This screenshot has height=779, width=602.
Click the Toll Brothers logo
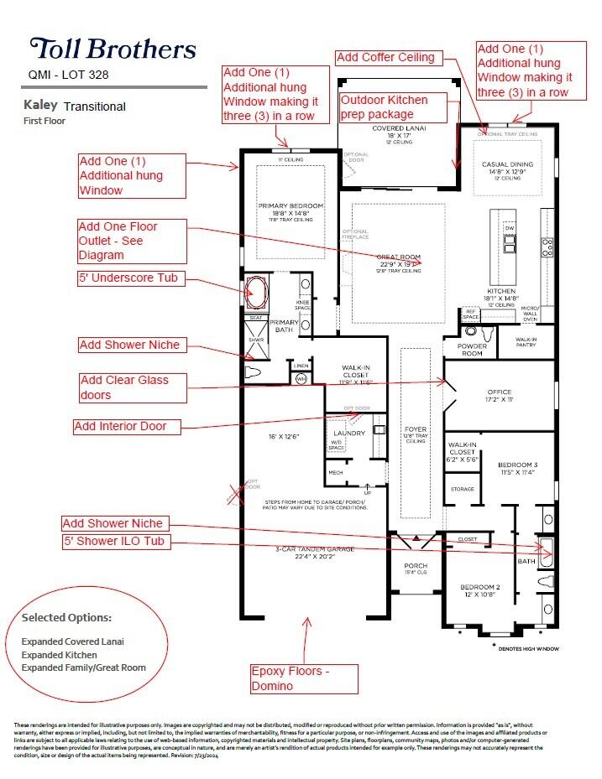(113, 48)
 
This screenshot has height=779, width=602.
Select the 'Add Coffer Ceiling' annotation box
(386, 58)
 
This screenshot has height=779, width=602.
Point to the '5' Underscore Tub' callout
(131, 278)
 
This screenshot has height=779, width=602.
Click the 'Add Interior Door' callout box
(121, 426)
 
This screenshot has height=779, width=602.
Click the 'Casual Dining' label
(507, 164)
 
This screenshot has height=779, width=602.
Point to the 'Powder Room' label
(471, 350)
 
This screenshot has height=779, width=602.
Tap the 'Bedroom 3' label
(517, 463)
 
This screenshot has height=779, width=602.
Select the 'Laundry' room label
(349, 434)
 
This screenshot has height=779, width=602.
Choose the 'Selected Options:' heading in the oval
(66, 617)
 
